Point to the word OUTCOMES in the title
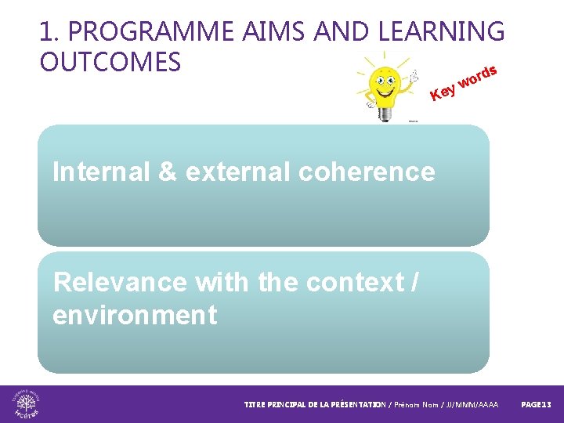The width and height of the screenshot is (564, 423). click(x=110, y=61)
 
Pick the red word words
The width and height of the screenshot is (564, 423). click(x=478, y=77)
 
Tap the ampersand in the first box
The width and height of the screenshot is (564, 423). click(x=168, y=172)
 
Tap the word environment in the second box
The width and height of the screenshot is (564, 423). click(x=134, y=316)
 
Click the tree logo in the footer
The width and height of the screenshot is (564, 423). click(x=27, y=404)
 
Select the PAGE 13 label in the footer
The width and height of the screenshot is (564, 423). click(x=537, y=405)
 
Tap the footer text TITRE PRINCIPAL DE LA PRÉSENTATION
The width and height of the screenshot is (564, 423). click(x=314, y=405)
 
